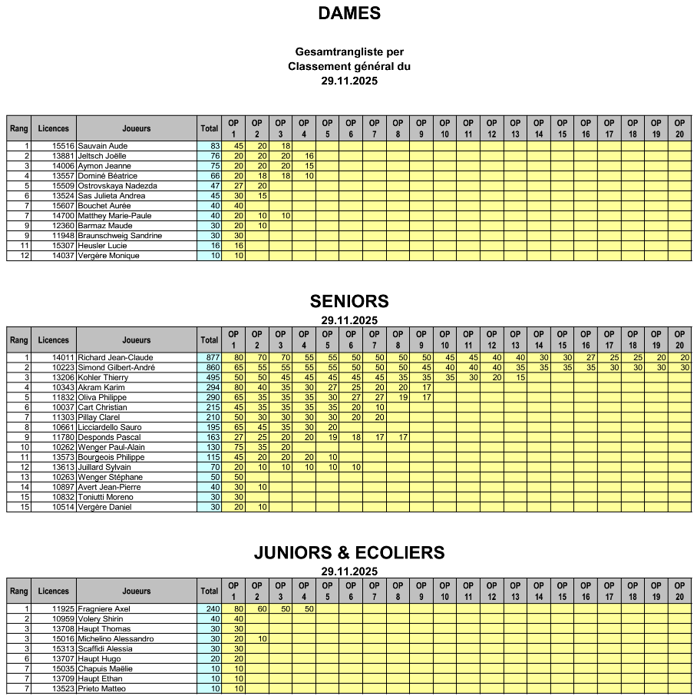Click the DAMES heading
(349, 13)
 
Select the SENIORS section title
(349, 301)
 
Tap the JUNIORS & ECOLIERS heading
(349, 552)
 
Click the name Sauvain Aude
(103, 146)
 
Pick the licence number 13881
(63, 156)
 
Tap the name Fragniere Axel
(104, 608)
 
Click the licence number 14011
(63, 357)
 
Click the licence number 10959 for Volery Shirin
(63, 618)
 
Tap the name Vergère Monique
(109, 256)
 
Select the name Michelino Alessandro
(116, 638)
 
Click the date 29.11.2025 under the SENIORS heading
(349, 320)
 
